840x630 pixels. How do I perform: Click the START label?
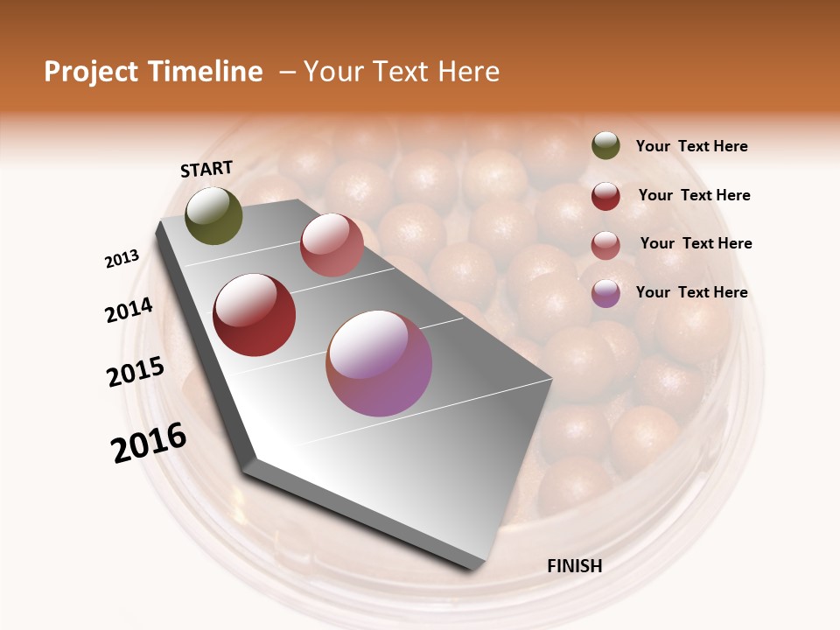[206, 169]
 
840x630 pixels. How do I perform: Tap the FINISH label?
[575, 566]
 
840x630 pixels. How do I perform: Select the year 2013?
[122, 259]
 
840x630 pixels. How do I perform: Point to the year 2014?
[129, 310]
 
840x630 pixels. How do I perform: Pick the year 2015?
[136, 372]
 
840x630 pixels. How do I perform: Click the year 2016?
[150, 443]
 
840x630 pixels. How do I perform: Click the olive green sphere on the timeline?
[213, 215]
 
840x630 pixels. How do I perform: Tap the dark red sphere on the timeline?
[255, 315]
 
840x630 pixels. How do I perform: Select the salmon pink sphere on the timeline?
[332, 245]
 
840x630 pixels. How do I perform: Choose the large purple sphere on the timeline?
[379, 362]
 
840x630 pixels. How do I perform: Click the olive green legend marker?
[605, 146]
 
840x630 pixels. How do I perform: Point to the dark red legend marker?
[605, 196]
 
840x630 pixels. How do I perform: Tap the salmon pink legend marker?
[605, 244]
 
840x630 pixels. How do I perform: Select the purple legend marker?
[605, 293]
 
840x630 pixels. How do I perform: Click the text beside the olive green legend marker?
[692, 147]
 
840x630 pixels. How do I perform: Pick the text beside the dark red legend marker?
[694, 195]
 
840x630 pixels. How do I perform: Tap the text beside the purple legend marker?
[692, 292]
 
